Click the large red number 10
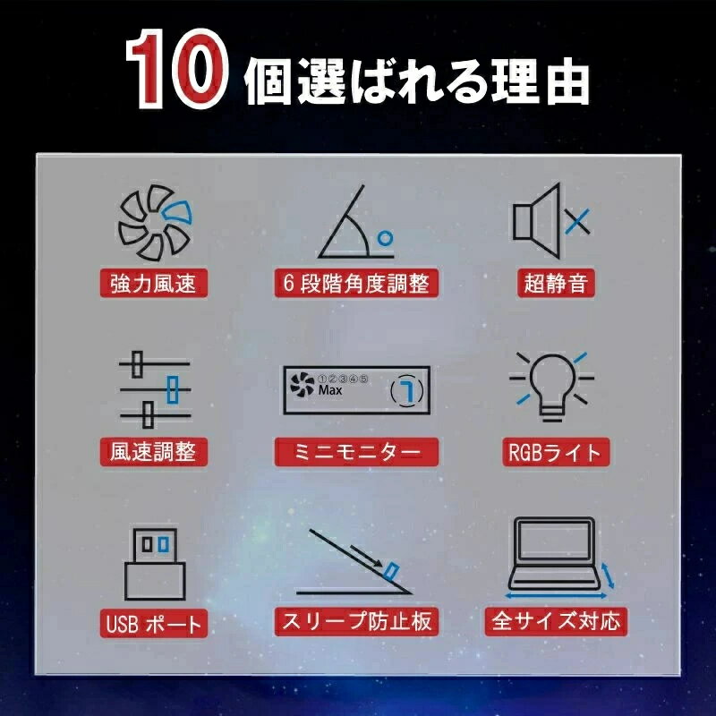coord(176,69)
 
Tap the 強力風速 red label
coord(154,283)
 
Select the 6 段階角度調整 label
coord(356,283)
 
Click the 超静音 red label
coord(556,283)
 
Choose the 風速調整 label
coord(154,452)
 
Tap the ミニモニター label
coord(356,452)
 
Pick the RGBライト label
coord(556,452)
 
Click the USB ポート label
coord(154,623)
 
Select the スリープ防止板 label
coord(356,621)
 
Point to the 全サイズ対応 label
coord(556,621)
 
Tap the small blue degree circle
coord(386,238)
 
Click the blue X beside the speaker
coord(577,222)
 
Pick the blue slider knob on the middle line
coord(172,389)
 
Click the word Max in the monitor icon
coord(330,390)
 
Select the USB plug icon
coord(155,564)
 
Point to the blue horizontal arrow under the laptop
coord(556,596)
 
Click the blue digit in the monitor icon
coord(407,390)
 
